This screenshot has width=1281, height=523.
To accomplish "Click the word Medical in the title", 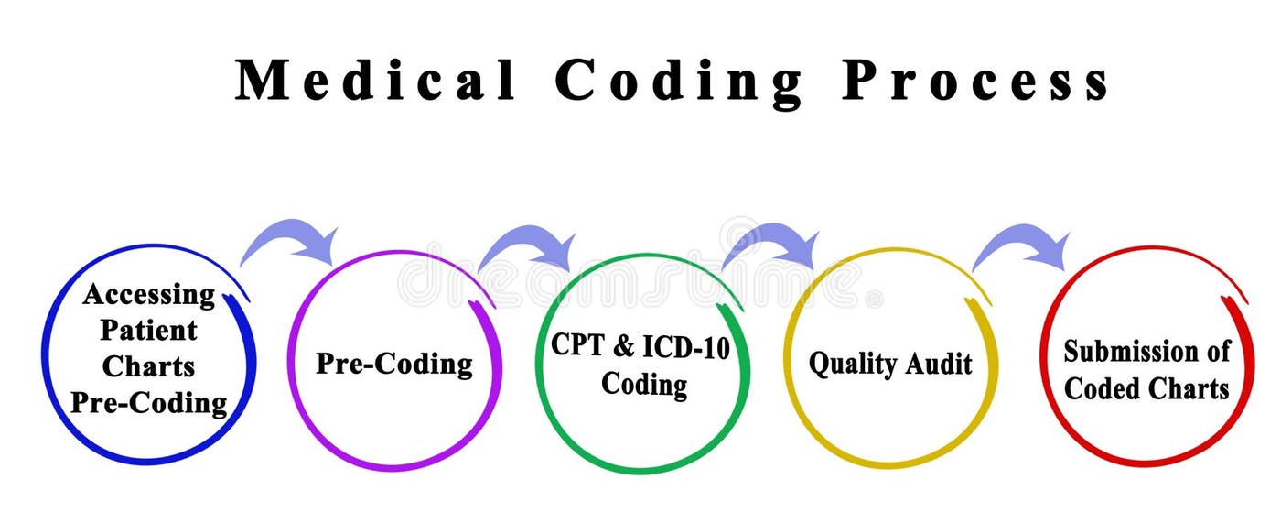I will (x=377, y=81).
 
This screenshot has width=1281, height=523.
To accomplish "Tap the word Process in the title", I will (x=976, y=81).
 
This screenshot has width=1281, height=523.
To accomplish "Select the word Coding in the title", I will (x=679, y=81).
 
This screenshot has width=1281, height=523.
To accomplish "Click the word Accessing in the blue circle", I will (x=148, y=294).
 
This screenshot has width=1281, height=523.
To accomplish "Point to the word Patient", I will (x=148, y=330).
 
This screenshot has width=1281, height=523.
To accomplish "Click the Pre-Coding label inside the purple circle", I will (x=394, y=364).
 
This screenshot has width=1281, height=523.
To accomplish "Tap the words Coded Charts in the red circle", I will (x=1146, y=388).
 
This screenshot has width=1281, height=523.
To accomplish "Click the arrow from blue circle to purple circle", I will (x=288, y=240).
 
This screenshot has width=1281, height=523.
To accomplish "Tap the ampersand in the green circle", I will (x=623, y=345).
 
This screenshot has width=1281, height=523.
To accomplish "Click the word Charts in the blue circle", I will (x=148, y=366).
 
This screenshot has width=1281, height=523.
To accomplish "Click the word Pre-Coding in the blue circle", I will (x=148, y=402).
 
